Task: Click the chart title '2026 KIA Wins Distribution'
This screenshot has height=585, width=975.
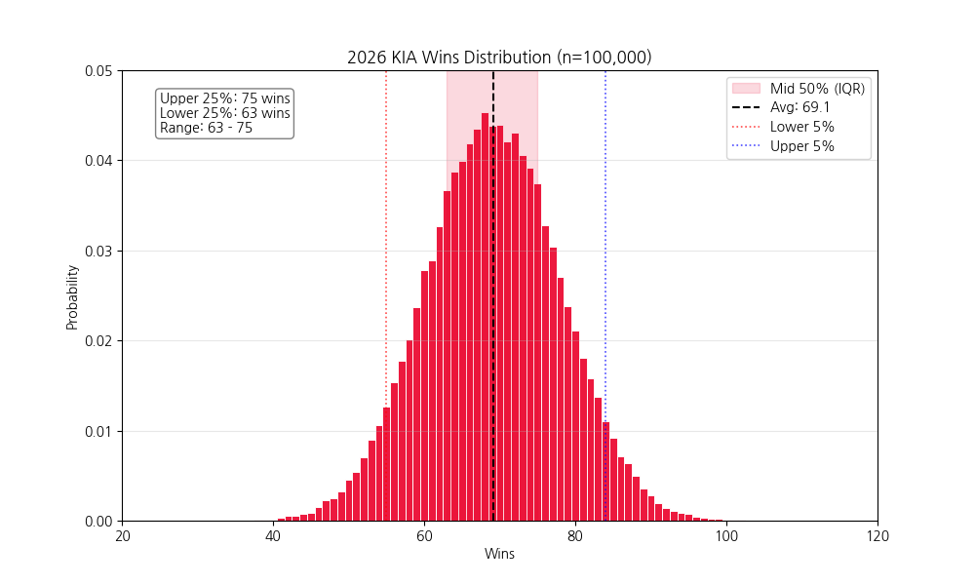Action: point(499,58)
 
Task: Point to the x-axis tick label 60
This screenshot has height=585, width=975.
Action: point(424,536)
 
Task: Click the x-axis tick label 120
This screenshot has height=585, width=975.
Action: point(877,536)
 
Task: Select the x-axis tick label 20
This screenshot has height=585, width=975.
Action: point(123,536)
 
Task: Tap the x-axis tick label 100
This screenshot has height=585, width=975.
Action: point(726,536)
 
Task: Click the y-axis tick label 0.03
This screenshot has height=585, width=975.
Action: point(97,251)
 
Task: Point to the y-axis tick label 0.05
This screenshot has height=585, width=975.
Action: point(97,71)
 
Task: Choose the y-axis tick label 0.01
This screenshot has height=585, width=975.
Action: point(97,431)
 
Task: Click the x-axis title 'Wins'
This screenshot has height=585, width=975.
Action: point(499,555)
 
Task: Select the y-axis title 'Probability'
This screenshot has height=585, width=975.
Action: point(72,296)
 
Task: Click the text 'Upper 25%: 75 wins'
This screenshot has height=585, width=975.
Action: point(224,98)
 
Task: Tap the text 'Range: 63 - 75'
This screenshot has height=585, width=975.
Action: point(206,128)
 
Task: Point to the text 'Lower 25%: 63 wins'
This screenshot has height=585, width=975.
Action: point(224,113)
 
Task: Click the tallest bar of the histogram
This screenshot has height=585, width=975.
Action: point(485,322)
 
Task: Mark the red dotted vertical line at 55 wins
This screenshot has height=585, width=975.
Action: point(386,244)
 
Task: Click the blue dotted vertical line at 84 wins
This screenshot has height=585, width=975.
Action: point(605,244)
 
